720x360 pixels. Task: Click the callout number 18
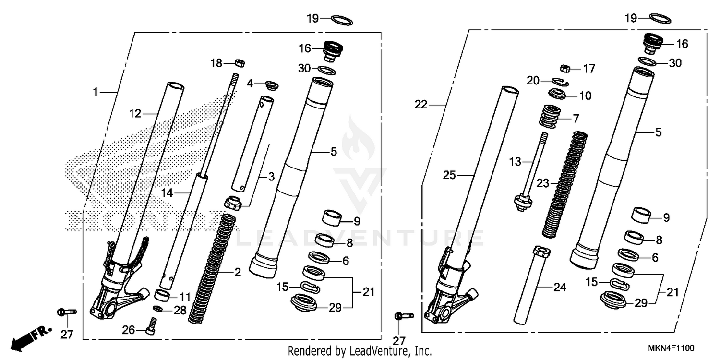tap(216, 63)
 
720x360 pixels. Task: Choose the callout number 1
tap(95, 92)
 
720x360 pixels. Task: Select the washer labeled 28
tap(158, 308)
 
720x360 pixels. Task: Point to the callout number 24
tap(560, 288)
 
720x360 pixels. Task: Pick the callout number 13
tap(515, 162)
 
